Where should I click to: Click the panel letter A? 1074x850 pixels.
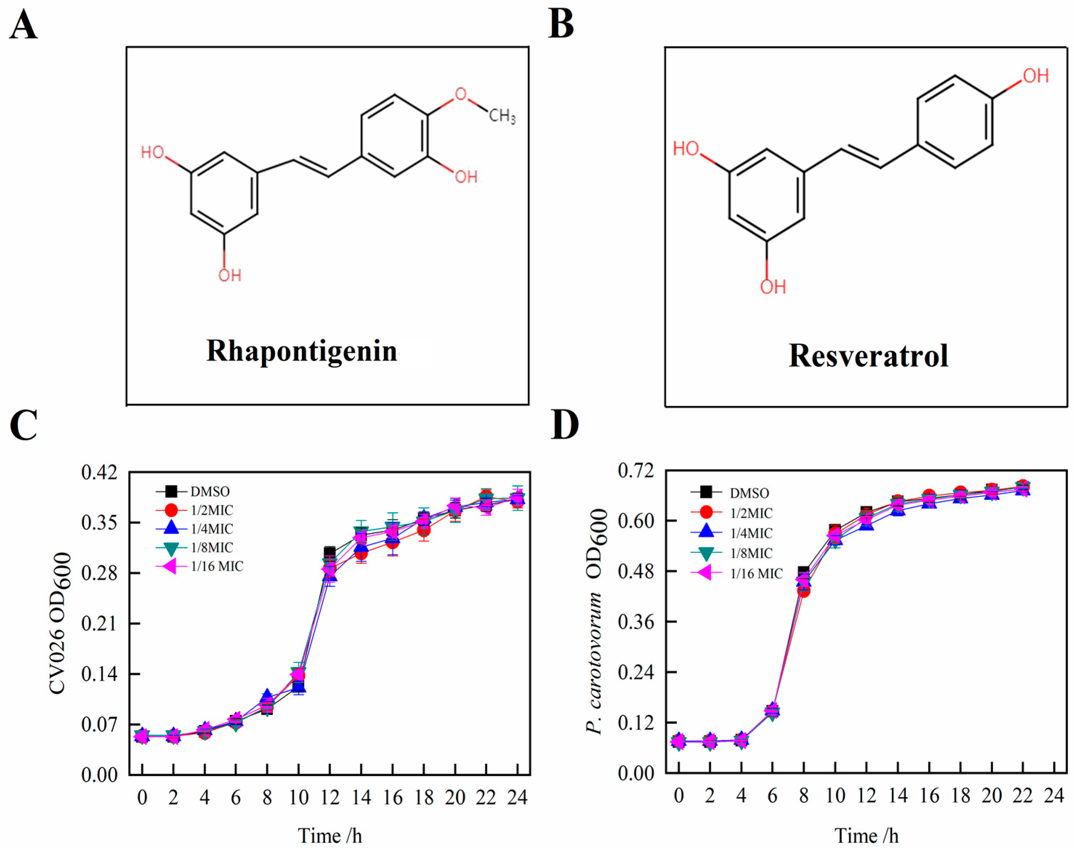coord(23,26)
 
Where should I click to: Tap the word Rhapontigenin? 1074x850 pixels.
coord(301,351)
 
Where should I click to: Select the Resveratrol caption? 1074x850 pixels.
coord(868,356)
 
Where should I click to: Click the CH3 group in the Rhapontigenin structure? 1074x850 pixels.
coord(502,117)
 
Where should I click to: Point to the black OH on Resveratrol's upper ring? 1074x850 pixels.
coord(1036,76)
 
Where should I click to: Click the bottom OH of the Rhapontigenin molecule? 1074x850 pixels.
coord(230,275)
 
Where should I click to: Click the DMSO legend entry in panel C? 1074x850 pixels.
coord(210,492)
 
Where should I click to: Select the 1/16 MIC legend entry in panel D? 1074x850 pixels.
coord(756,574)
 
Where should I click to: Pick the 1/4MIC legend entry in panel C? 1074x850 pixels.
coord(211,529)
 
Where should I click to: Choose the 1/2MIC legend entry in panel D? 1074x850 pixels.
coord(751,513)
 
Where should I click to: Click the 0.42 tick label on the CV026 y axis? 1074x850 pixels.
coord(100,472)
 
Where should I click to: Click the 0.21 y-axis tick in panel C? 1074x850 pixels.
coord(100,623)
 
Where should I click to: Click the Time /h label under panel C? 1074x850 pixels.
coord(330,835)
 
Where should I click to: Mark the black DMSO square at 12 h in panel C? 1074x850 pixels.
coord(329,552)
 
